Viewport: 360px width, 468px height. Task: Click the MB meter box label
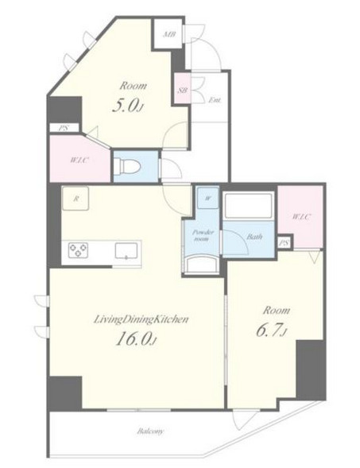tap(168, 35)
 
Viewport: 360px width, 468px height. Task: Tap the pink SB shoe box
tap(183, 89)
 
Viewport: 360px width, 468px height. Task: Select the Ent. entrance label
tap(215, 100)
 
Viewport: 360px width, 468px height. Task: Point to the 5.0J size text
tap(129, 106)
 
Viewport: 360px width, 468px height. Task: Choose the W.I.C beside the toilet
tap(79, 160)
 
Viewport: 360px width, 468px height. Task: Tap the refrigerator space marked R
tap(75, 199)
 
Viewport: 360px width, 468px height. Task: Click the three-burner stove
tap(78, 250)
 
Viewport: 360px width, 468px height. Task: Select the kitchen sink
tap(126, 251)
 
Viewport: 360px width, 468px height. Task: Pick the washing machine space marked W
tap(208, 198)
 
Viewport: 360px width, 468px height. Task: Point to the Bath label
tap(254, 237)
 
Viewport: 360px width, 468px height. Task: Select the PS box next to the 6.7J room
tap(285, 242)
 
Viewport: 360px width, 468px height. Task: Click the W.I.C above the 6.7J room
tap(301, 217)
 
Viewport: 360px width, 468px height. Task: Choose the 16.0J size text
tap(136, 339)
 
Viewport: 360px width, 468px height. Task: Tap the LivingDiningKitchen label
tap(141, 319)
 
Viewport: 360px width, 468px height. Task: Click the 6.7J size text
tap(272, 331)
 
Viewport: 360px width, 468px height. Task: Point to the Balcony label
tap(151, 431)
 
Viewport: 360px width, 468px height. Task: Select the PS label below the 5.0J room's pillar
tap(64, 129)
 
